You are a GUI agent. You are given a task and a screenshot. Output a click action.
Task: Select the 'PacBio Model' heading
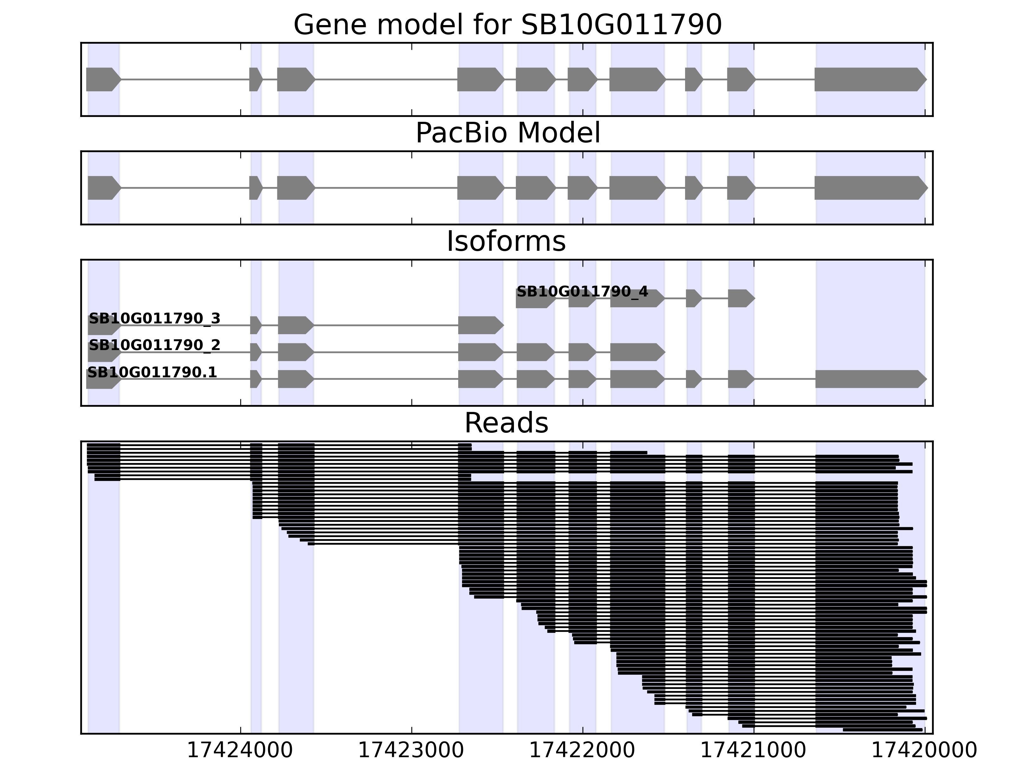tap(507, 133)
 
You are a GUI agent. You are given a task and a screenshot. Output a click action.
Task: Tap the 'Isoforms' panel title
tap(506, 241)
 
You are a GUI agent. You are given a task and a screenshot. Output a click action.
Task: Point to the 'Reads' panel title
tap(506, 423)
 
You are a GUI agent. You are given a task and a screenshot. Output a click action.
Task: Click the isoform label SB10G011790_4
tap(582, 292)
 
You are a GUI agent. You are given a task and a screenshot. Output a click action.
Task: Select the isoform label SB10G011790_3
tap(155, 318)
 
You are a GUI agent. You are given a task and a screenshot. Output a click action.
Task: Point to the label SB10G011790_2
tap(155, 345)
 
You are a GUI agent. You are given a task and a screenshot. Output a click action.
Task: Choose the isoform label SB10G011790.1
tap(152, 372)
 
